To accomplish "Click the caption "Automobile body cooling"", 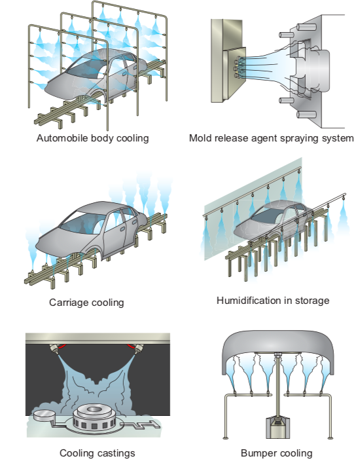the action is pyautogui.click(x=92, y=138).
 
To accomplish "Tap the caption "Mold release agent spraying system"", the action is pyautogui.click(x=272, y=138).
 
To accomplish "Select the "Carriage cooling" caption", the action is pyautogui.click(x=86, y=303).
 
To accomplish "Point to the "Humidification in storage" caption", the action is pyautogui.click(x=273, y=300).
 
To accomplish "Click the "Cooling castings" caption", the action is pyautogui.click(x=98, y=453).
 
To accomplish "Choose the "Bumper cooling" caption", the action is pyautogui.click(x=276, y=453).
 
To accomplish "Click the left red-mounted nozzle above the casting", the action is pyautogui.click(x=56, y=348).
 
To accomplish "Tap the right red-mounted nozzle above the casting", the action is pyautogui.click(x=136, y=348).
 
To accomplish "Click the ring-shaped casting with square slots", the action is pyautogui.click(x=94, y=417).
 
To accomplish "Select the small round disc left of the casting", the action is pyautogui.click(x=43, y=415).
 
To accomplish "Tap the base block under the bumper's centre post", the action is pyautogui.click(x=278, y=428).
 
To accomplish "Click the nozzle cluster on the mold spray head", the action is pyautogui.click(x=238, y=67).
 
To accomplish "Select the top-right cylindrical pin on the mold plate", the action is pyautogui.click(x=306, y=28).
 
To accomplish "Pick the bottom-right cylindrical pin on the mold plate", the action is pyautogui.click(x=306, y=115).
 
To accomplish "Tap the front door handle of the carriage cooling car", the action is pyautogui.click(x=122, y=229).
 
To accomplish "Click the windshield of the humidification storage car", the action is pyautogui.click(x=266, y=215).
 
